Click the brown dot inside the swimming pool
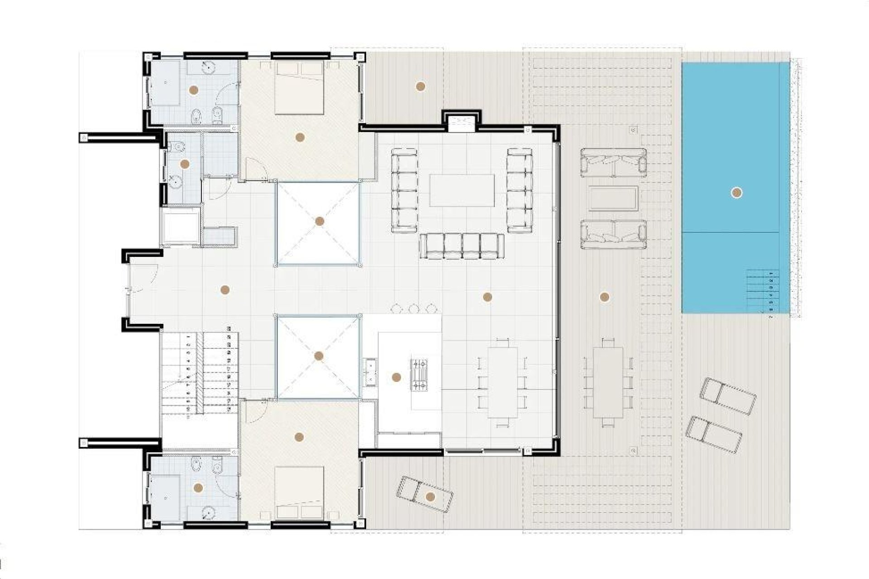[x=736, y=193]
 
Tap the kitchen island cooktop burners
[x=419, y=375]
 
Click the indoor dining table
[x=502, y=383]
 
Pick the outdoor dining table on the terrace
[x=608, y=383]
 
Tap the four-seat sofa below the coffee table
[x=462, y=246]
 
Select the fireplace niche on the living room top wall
[x=462, y=123]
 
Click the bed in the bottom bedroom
[x=299, y=493]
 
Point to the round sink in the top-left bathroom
[x=207, y=67]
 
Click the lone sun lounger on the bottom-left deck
[x=423, y=495]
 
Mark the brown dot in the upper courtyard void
[x=320, y=221]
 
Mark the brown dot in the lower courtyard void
[x=319, y=356]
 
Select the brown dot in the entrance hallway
[x=225, y=290]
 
